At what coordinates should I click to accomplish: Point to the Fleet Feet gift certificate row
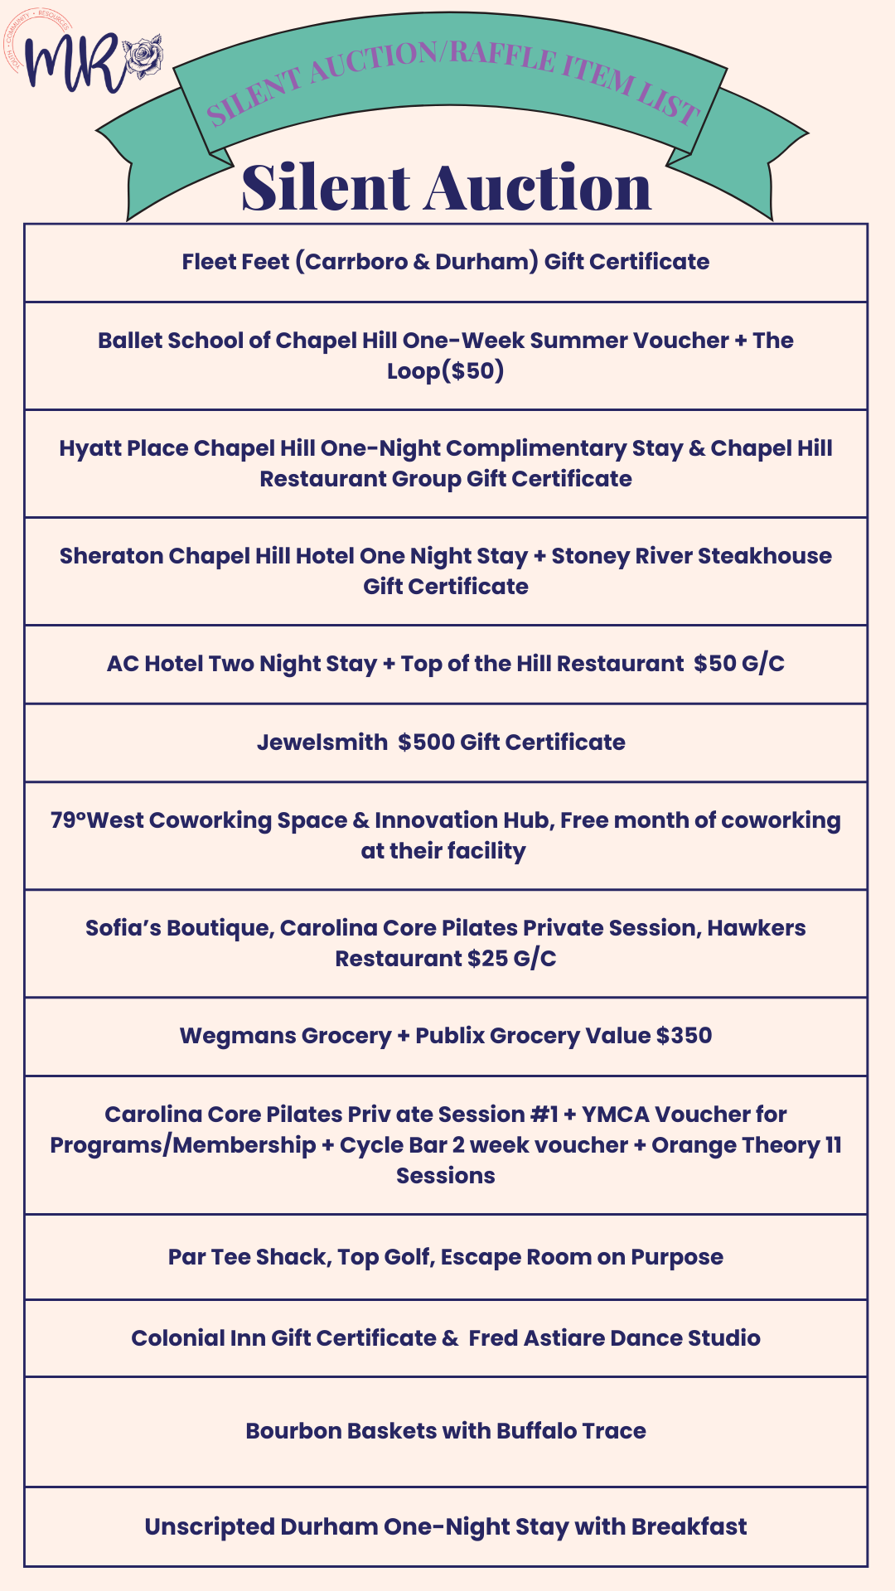pos(446,262)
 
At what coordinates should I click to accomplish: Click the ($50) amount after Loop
pos(473,370)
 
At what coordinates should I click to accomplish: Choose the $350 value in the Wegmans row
pos(684,1036)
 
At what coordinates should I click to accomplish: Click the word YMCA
pos(614,1115)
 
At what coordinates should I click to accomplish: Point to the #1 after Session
pos(544,1115)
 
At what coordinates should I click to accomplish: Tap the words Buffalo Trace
pos(571,1431)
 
